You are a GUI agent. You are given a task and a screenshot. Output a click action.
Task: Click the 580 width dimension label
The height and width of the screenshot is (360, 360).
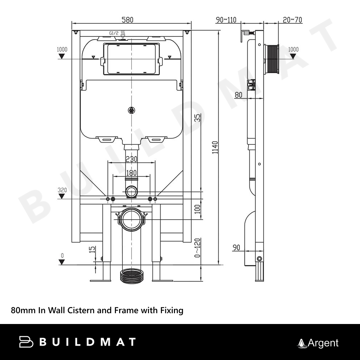127,20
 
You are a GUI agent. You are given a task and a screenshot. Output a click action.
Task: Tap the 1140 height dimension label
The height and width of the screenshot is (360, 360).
215,148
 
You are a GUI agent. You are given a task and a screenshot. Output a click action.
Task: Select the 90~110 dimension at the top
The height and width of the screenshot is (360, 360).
226,20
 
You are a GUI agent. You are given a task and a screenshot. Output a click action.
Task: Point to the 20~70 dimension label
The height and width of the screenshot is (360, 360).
292,20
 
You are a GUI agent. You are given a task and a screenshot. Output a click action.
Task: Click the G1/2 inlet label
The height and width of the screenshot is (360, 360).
114,33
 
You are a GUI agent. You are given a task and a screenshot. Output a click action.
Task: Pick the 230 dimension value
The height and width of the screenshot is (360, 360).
131,159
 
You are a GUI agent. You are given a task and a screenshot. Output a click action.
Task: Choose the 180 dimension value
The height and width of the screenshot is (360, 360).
131,173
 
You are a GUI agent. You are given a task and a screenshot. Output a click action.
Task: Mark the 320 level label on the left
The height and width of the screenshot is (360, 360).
62,190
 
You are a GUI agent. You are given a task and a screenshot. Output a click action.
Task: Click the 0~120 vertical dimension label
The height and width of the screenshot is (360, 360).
197,248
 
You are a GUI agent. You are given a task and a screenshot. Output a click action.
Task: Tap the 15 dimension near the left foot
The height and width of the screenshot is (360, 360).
92,249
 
